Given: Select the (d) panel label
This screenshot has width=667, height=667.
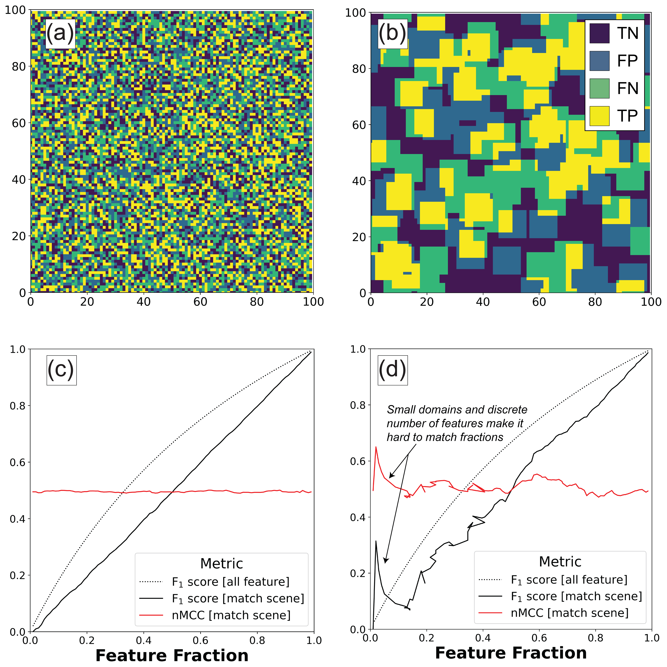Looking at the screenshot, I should point(393,370).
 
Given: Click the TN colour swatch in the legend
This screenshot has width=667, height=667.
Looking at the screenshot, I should point(599,33).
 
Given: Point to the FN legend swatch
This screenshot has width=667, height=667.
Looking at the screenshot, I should point(599,88).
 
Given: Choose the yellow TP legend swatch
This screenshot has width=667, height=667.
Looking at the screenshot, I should point(599,116).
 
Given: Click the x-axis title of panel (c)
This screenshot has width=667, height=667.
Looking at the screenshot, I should point(172,655).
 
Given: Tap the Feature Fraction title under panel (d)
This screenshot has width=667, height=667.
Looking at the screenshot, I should point(511,653).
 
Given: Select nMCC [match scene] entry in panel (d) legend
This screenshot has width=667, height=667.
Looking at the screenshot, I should point(570,613).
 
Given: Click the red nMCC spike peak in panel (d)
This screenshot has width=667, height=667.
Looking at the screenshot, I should point(376,447).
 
